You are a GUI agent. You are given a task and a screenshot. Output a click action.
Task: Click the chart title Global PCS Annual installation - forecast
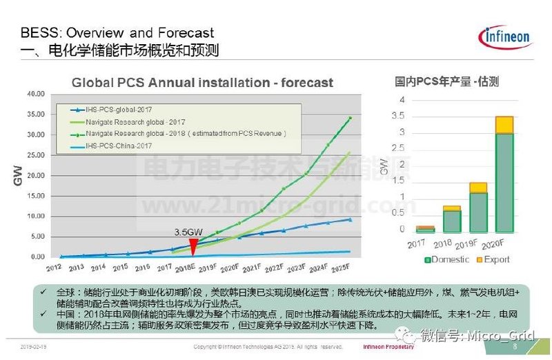point(203,83)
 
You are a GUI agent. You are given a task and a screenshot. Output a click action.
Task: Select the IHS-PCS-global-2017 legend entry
point(115,110)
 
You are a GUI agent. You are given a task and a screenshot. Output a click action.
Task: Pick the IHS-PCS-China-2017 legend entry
point(117,146)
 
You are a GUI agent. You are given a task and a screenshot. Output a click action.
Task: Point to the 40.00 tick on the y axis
point(35,94)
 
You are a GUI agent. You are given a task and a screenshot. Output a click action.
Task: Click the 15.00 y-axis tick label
point(35,196)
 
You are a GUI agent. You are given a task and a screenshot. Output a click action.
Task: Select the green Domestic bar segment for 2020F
point(504,183)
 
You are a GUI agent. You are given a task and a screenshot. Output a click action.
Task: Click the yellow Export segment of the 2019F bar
point(478,187)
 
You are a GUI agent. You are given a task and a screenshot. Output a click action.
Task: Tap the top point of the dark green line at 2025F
point(351,118)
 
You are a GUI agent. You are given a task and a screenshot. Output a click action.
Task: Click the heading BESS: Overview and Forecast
point(117,33)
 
